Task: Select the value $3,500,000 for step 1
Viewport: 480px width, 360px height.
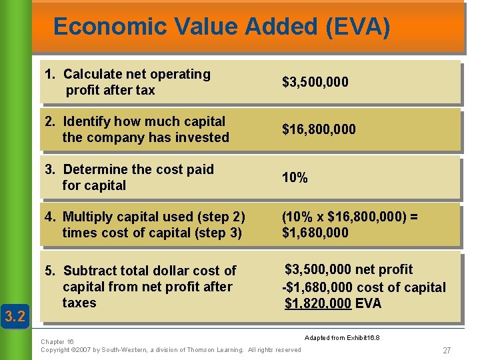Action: click(x=315, y=82)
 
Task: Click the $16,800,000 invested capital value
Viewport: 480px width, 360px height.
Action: click(x=319, y=129)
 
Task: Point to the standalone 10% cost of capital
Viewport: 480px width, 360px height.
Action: click(x=295, y=178)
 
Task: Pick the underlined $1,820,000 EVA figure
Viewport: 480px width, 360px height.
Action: click(x=317, y=304)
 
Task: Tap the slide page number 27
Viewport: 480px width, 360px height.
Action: click(x=446, y=350)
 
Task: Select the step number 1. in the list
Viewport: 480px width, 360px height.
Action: click(x=49, y=74)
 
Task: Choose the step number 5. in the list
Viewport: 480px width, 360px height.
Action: click(x=50, y=271)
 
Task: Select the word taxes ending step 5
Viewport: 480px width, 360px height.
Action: click(x=79, y=303)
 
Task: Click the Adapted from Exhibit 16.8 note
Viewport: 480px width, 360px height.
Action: click(x=342, y=338)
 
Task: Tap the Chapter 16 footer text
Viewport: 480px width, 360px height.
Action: click(x=57, y=341)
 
